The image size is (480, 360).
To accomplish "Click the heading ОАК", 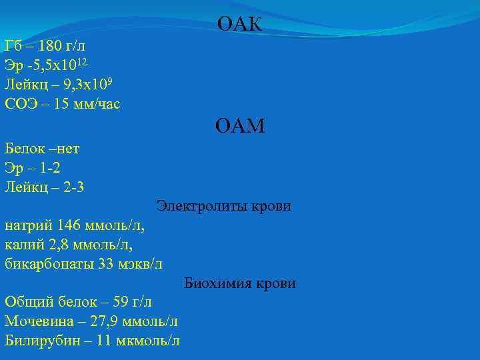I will click(240, 25).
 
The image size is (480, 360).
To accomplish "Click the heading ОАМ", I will click(240, 125).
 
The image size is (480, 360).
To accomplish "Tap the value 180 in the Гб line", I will click(52, 47).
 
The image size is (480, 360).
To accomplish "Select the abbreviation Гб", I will click(13, 47).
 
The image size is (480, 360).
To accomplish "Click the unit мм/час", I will click(97, 104).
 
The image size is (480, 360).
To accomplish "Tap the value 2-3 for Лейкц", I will click(71, 187).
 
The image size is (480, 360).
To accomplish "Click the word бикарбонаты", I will click(47, 264).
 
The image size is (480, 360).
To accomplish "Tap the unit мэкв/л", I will click(139, 264).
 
